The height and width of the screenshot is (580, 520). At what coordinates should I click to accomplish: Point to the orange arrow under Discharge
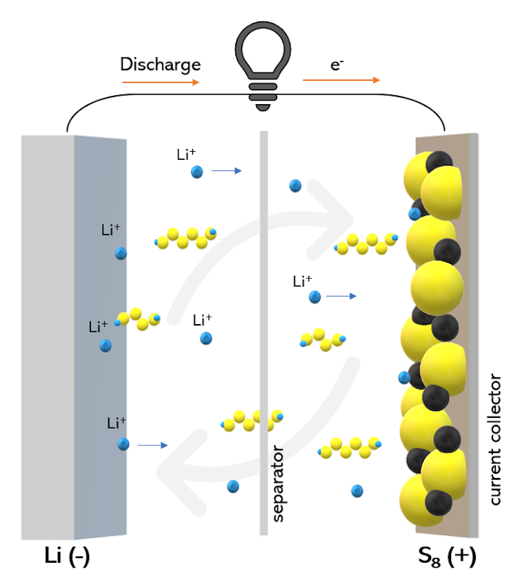(161, 81)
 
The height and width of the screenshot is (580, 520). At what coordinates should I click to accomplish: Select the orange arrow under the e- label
(341, 80)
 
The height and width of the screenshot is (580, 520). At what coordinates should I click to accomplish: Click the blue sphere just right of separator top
(295, 185)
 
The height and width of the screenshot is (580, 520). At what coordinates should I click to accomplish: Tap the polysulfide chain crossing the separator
(252, 419)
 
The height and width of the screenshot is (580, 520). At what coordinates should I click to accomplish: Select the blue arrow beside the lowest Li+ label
(152, 446)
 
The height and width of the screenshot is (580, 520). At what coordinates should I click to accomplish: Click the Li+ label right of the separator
(302, 281)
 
